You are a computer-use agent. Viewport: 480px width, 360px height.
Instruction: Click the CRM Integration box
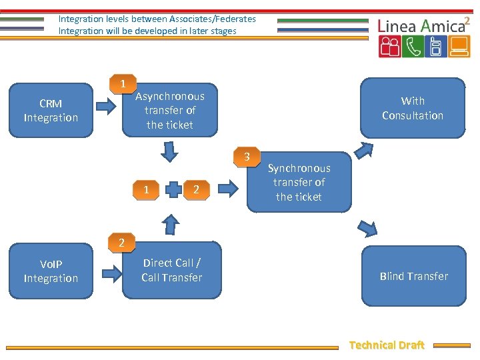click(51, 111)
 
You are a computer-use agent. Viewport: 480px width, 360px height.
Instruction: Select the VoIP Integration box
click(51, 271)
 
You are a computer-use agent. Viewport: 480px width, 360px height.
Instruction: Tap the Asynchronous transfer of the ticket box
click(170, 110)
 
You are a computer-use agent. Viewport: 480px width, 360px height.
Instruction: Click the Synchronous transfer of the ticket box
click(299, 183)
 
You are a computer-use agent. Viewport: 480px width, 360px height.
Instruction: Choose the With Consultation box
click(412, 108)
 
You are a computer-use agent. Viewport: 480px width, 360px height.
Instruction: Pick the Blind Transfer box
click(413, 276)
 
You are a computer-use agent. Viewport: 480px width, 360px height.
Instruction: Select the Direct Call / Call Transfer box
click(171, 270)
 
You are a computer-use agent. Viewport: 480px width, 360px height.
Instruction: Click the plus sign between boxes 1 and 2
click(172, 190)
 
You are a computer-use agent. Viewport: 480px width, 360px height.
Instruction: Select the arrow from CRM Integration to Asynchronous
click(106, 106)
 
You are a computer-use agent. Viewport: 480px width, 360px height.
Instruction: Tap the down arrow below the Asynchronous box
click(171, 153)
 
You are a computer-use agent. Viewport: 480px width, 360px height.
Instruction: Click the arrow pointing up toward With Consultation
click(364, 149)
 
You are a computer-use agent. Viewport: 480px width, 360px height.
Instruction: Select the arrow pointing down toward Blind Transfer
click(367, 228)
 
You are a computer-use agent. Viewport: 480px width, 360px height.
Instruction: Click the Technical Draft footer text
click(387, 345)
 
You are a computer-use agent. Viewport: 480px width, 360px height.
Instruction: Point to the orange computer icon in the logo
click(458, 47)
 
